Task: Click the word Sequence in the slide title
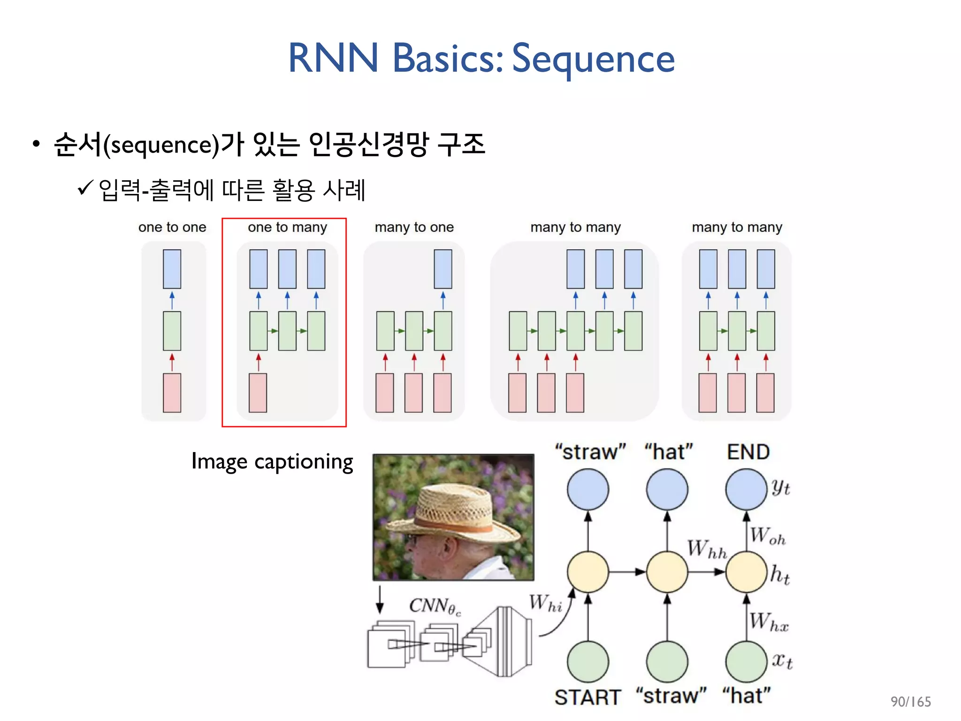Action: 593,59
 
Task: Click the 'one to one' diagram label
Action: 172,227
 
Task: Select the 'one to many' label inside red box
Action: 287,227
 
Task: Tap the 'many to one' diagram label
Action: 414,227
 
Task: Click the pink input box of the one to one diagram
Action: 172,392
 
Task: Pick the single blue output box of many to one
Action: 442,269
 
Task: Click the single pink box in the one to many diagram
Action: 258,392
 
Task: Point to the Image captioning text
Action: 272,462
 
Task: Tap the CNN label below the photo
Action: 435,606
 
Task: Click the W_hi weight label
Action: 545,603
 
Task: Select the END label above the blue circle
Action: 748,452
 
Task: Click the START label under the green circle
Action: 587,697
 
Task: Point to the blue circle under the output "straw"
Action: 587,490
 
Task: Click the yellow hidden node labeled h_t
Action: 746,572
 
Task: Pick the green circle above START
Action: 587,661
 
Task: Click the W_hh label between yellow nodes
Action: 706,549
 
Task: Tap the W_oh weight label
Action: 767,536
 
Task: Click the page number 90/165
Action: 910,702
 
